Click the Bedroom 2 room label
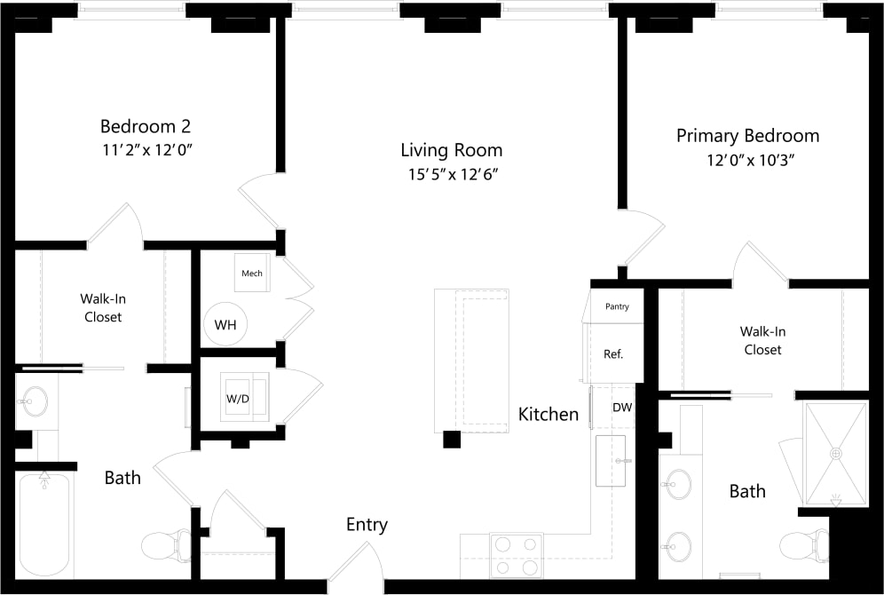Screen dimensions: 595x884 pos(146,126)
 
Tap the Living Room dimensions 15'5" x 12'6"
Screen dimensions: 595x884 pos(451,174)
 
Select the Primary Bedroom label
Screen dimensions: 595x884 pos(747,136)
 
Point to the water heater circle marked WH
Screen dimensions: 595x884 pos(225,325)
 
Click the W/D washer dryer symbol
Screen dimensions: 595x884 pos(238,399)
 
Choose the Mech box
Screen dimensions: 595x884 pos(252,273)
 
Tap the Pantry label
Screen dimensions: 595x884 pos(617,306)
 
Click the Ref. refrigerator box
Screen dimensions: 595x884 pos(612,353)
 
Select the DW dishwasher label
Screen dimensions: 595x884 pos(622,408)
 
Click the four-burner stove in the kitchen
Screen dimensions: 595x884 pos(516,555)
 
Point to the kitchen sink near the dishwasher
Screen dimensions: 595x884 pos(611,460)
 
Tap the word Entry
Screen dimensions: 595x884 pos(367,525)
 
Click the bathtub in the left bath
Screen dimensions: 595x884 pos(44,524)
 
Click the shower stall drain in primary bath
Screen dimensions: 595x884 pos(834,453)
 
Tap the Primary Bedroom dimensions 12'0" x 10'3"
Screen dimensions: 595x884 pos(747,161)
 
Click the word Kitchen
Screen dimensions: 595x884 pos(549,414)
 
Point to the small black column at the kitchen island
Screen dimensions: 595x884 pos(452,439)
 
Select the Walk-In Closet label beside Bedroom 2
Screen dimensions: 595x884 pos(103,308)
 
